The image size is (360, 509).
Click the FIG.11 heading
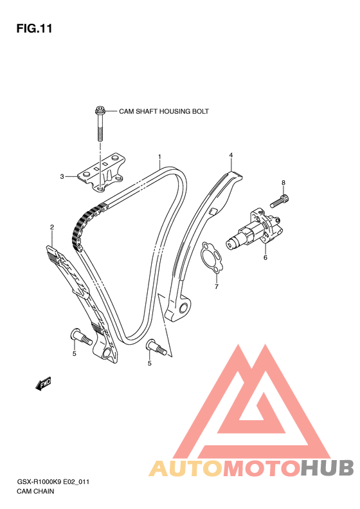point(34,28)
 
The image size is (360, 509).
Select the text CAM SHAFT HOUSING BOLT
point(164,111)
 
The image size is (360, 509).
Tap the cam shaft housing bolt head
point(100,110)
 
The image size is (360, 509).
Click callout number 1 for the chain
point(159,157)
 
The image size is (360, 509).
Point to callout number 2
point(52,227)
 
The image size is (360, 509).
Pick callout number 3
point(62,176)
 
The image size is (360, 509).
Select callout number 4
point(231,155)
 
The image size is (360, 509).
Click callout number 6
point(265,258)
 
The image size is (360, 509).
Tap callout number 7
point(217,286)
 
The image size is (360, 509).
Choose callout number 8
point(283,183)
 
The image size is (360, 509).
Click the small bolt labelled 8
point(280,201)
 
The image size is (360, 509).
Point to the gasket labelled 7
point(212,257)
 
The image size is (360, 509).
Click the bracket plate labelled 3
point(101,172)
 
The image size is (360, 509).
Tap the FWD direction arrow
point(43,384)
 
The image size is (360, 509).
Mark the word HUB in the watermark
point(327,467)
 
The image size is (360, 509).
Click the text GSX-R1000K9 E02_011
point(53,482)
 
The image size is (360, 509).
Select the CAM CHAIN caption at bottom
point(35,491)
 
